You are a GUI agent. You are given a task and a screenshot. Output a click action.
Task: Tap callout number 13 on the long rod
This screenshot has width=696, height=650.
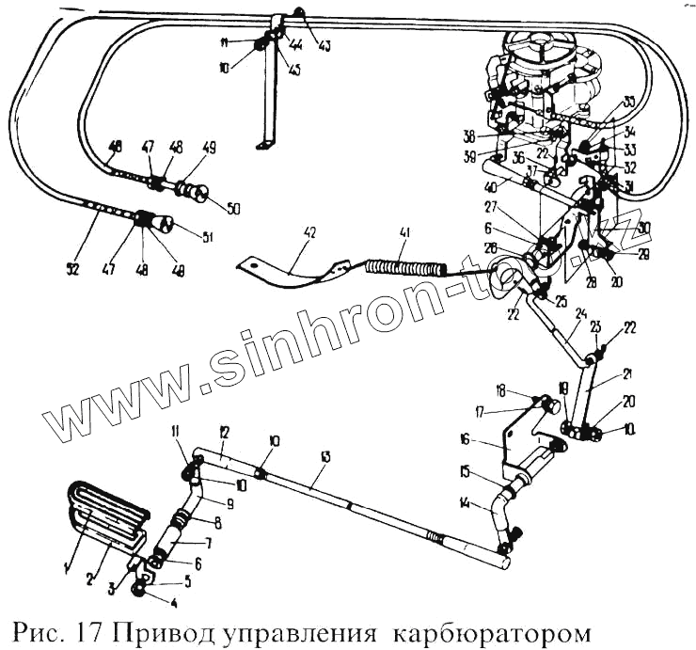(x=325, y=457)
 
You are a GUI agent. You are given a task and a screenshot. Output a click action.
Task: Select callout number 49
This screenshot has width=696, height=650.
(x=209, y=147)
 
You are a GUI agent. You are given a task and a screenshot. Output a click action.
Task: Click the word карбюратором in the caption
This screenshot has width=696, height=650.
(x=490, y=626)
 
